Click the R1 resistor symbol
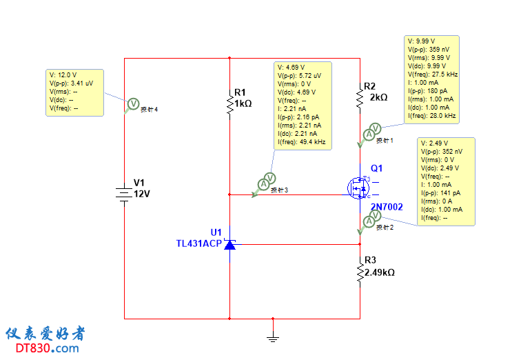point(229,103)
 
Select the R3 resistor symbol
point(360,272)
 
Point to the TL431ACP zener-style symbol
point(229,244)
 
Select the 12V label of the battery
point(141,194)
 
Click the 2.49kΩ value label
point(380,272)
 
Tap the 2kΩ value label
point(379,97)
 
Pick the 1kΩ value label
point(243,103)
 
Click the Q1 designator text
point(376,168)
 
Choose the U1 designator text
point(216,232)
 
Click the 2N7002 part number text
point(387,207)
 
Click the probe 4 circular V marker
point(134,103)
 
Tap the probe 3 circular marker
point(263,183)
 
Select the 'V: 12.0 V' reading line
point(63,74)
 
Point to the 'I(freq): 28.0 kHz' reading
point(432,116)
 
